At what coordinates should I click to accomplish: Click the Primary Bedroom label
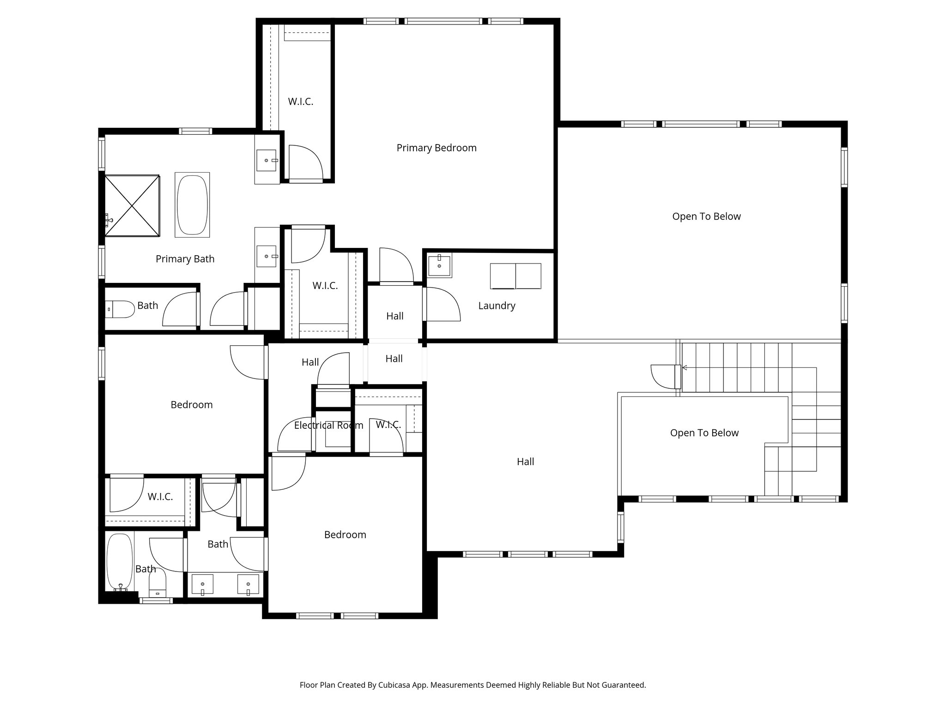coord(436,148)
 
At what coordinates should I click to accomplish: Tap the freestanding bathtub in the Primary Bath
coord(192,205)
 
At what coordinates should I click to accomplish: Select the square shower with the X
coord(132,205)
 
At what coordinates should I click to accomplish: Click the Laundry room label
coord(497,306)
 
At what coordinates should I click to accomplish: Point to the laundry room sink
coord(439,265)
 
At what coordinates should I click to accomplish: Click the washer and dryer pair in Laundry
coord(515,276)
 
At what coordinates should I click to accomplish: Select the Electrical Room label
coord(328,425)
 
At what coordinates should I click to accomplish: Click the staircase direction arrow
coord(685,368)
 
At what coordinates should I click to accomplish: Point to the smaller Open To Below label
coord(704,433)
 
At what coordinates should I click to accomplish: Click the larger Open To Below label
coord(706,216)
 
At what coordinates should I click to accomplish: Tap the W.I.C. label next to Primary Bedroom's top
coord(301,102)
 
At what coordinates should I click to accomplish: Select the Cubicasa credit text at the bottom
coord(473,685)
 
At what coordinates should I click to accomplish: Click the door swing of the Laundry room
coord(443,304)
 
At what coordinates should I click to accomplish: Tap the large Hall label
coord(525,462)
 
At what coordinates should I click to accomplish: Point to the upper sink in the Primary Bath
coord(267,160)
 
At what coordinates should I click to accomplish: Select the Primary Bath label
coord(185,259)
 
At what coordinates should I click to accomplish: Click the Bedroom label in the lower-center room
coord(345,535)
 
